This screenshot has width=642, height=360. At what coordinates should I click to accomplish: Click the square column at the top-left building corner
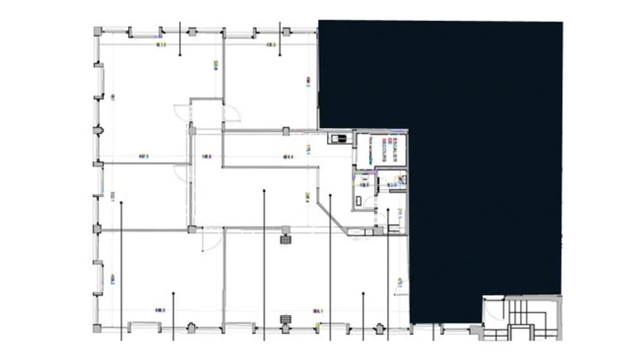[98, 31]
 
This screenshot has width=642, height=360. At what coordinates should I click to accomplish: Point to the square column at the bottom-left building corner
[97, 328]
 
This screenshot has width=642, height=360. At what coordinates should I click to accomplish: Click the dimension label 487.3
[144, 156]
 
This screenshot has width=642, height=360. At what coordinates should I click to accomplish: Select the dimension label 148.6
[206, 156]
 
